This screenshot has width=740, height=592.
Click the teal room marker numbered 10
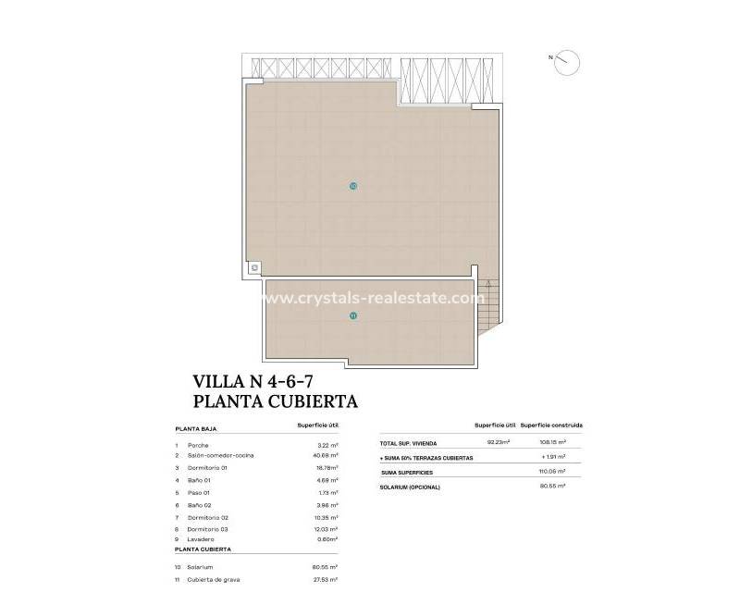point(353,186)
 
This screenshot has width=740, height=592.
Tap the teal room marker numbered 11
point(353,316)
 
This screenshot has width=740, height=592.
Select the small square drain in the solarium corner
point(254,267)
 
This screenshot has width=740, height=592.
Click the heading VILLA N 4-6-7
point(260,380)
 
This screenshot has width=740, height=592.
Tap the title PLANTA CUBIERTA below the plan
point(275,401)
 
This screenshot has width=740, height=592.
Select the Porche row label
point(196,445)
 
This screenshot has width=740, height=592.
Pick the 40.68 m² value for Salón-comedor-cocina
point(327,456)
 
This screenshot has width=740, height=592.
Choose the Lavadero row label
point(200,539)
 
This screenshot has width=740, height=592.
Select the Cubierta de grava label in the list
point(214,578)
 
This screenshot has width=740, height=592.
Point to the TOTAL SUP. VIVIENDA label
point(413,444)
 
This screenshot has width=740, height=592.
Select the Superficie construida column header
point(551,425)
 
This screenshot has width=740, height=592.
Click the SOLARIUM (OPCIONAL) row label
point(410,487)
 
